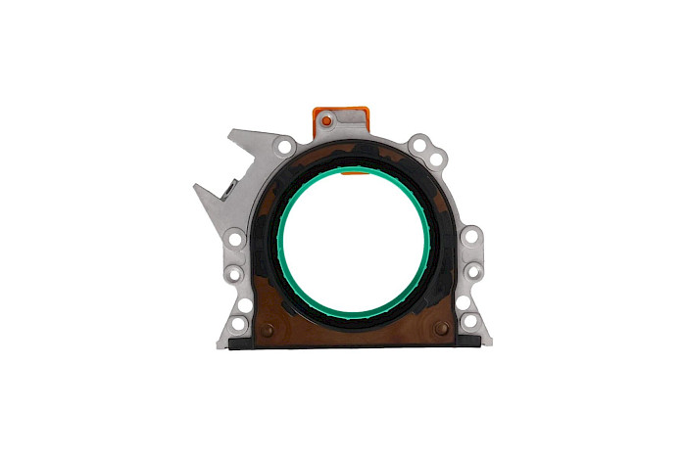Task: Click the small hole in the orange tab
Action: (328, 120)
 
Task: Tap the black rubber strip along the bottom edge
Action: (354, 344)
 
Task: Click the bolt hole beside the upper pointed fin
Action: (284, 148)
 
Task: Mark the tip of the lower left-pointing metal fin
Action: (196, 185)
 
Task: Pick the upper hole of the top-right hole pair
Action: (420, 146)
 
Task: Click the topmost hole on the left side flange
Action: (235, 240)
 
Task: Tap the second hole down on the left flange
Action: (236, 274)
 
